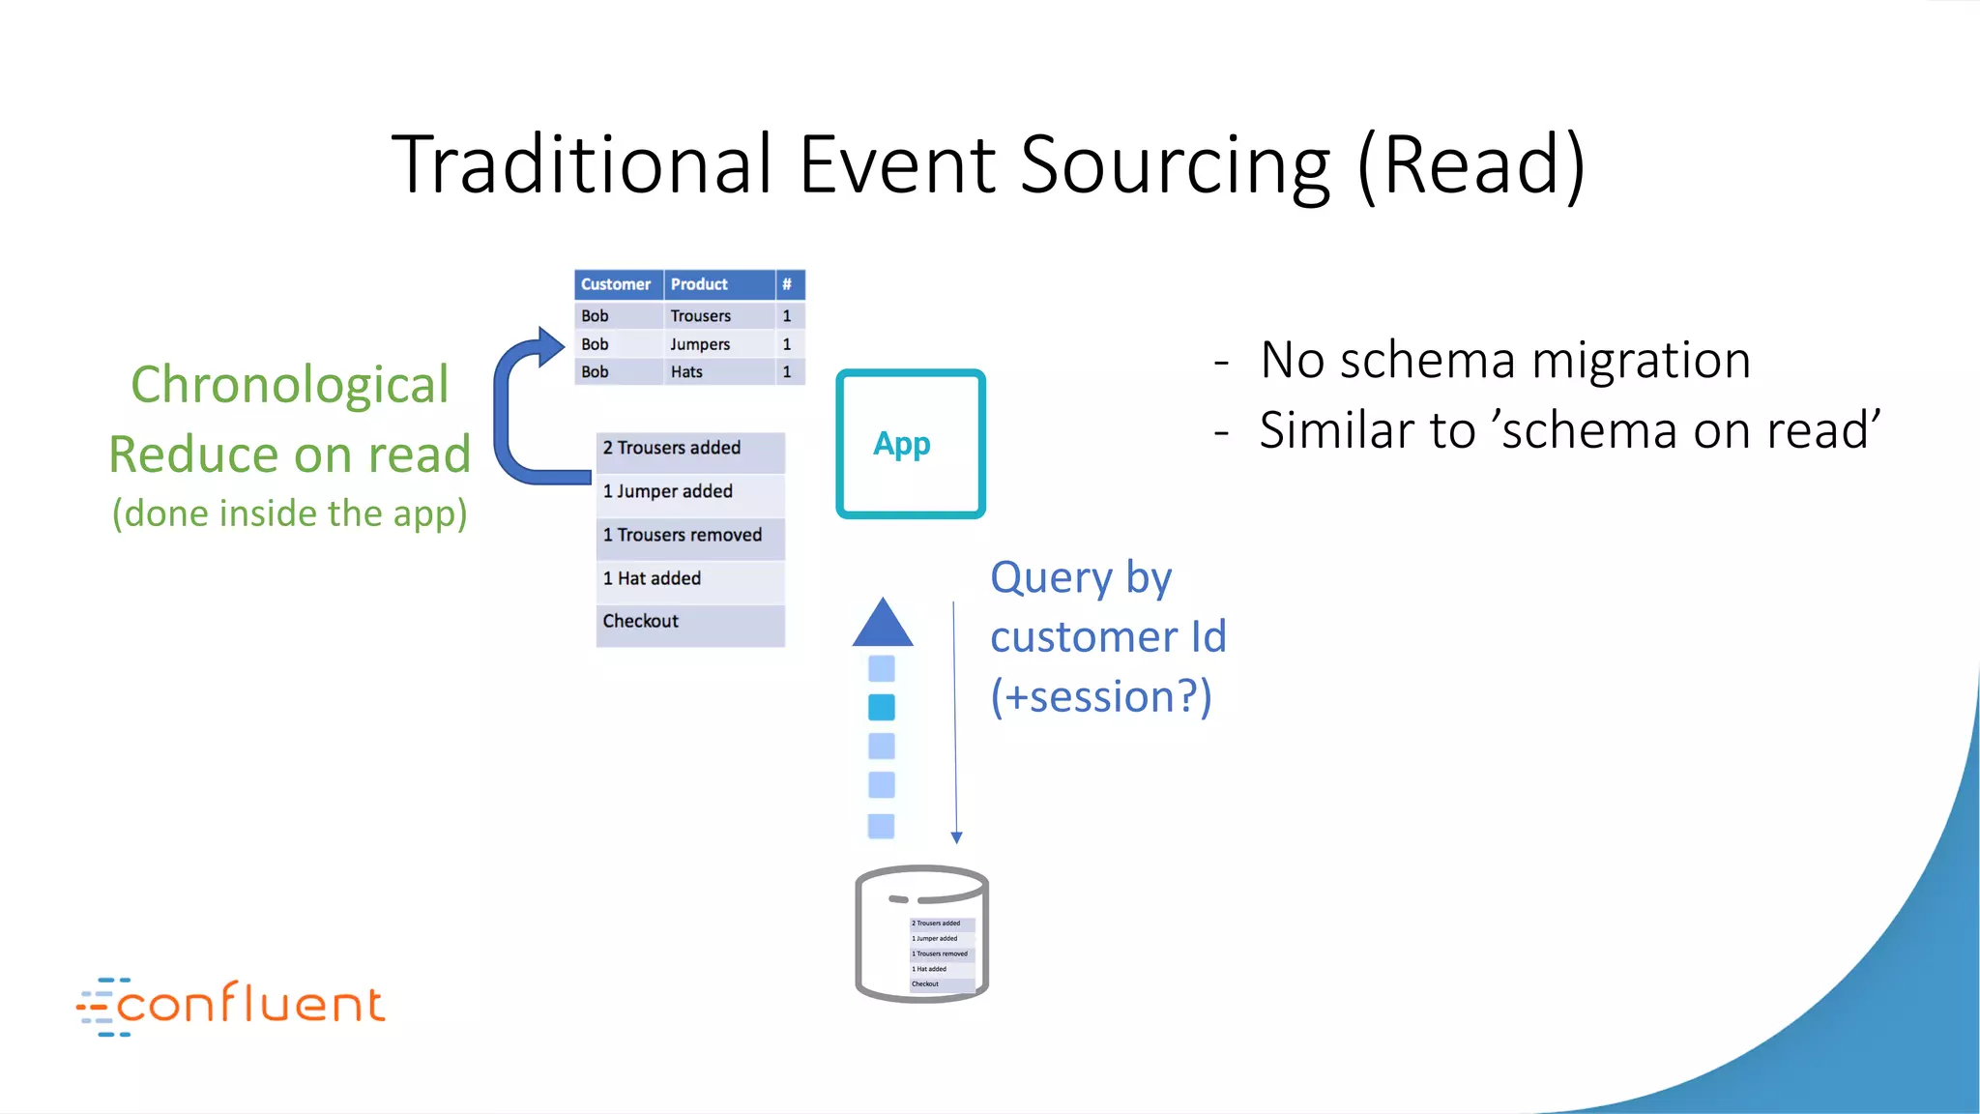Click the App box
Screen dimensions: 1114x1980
pos(911,444)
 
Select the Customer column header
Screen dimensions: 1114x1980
pos(617,284)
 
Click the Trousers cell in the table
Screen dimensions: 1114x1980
pos(702,316)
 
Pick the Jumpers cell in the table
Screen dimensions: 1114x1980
pos(701,344)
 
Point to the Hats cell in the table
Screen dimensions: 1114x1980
pos(687,372)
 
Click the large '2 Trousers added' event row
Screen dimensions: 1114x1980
pos(689,449)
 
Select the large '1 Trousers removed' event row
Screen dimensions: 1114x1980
pos(689,536)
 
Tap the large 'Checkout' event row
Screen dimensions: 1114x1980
pos(689,622)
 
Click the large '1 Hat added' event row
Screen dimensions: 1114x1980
pos(689,579)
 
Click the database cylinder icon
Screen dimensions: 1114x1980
pos(920,933)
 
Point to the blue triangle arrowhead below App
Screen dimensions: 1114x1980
pos(882,625)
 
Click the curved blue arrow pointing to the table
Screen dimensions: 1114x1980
pos(512,416)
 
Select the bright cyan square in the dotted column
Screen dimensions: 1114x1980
pos(882,708)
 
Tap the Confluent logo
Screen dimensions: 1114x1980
pos(232,1006)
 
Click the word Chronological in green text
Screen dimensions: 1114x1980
pos(290,385)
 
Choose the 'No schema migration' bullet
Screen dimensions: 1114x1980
pos(1504,360)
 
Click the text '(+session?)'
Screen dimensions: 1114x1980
pos(1100,697)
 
